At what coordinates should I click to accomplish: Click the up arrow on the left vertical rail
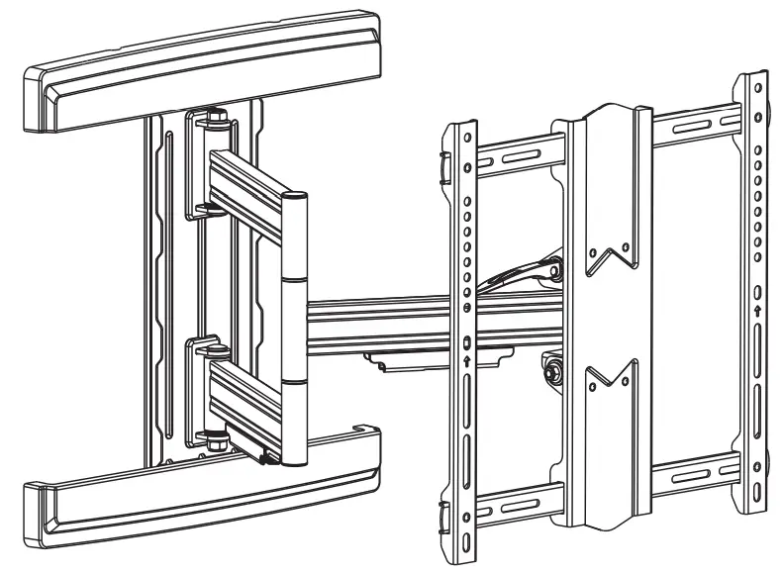click(466, 363)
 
